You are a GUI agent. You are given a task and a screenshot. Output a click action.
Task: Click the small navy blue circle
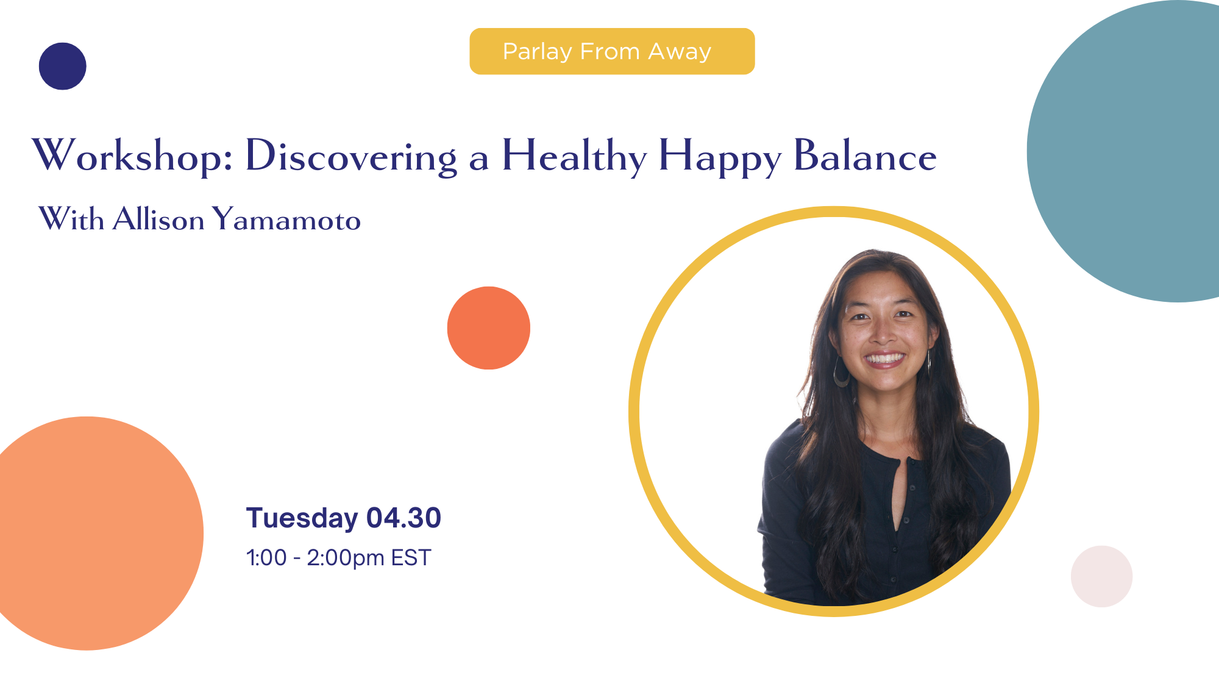[62, 66]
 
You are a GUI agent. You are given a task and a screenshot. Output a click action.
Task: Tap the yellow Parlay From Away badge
[612, 51]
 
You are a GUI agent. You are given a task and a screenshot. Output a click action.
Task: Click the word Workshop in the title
[130, 156]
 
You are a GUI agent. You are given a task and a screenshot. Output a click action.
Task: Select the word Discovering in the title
[350, 156]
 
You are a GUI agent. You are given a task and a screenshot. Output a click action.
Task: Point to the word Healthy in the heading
[574, 156]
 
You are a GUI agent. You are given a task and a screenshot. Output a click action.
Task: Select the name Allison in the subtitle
[158, 220]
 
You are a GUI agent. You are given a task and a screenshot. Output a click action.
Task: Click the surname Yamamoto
[286, 220]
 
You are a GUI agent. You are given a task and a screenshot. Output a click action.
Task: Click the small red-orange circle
[488, 328]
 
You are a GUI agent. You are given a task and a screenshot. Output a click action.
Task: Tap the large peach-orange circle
[91, 534]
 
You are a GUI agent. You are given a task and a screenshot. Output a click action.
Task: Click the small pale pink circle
[1101, 576]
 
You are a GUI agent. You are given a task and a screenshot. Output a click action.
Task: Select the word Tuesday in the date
[302, 518]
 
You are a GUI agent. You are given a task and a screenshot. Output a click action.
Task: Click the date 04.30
[403, 518]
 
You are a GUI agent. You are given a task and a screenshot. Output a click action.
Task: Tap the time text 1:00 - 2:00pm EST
[338, 558]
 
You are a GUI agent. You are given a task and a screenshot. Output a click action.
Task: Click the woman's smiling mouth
[885, 359]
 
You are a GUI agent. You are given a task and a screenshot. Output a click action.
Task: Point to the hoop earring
[841, 373]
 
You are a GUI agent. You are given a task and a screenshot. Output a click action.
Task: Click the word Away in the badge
[680, 52]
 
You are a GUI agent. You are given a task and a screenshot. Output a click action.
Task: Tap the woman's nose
[883, 333]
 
